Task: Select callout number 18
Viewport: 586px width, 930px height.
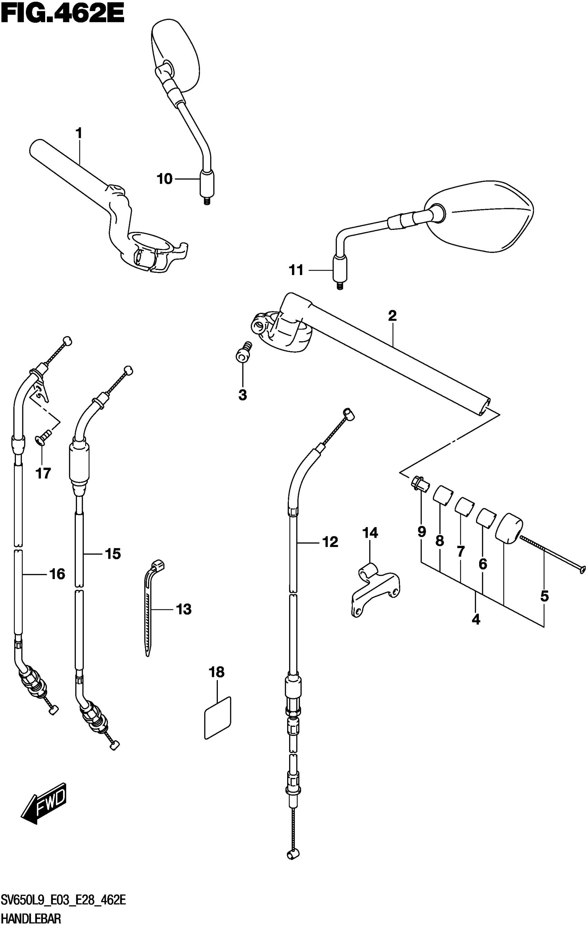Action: click(x=216, y=673)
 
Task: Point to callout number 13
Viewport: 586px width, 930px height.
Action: click(x=183, y=609)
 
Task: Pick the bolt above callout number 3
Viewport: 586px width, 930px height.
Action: click(x=243, y=352)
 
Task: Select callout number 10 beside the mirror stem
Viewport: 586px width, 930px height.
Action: click(x=164, y=179)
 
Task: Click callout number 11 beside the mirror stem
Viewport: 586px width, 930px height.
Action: click(x=297, y=270)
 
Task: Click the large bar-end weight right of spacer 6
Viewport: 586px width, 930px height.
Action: click(x=509, y=528)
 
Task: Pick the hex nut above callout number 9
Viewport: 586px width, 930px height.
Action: click(x=418, y=483)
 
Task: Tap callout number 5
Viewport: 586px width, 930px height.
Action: click(x=544, y=597)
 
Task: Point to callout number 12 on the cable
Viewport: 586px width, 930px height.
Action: click(x=330, y=542)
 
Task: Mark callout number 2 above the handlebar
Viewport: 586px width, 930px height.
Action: click(x=392, y=316)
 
